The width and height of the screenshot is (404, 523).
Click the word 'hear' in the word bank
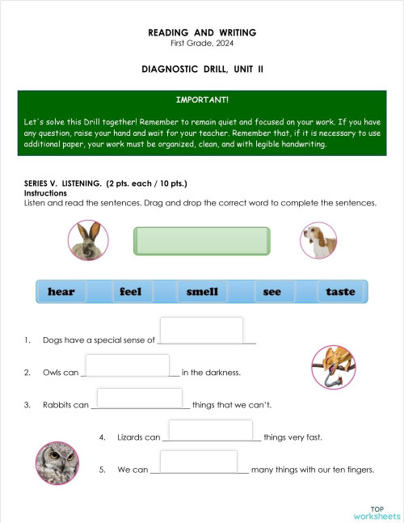point(61,292)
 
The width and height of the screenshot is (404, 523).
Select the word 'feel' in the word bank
point(130,292)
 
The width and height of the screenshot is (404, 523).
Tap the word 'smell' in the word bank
point(202,292)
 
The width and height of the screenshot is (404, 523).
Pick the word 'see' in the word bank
point(272,292)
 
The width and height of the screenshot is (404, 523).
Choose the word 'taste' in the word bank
point(340,292)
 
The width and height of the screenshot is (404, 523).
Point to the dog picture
point(318,240)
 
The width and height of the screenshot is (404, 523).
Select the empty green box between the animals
point(201,241)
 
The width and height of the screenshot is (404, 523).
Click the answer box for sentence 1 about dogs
point(202,330)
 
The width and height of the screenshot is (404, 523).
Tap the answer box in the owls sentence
point(127,365)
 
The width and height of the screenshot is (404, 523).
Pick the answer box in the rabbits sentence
point(139,398)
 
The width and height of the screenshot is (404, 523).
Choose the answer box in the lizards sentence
point(211,430)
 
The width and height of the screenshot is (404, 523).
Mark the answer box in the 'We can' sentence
point(199,462)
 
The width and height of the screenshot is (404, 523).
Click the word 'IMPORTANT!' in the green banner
point(202,100)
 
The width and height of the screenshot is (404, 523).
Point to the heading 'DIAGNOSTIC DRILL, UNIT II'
point(202,70)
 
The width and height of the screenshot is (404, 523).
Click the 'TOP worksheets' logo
point(377,512)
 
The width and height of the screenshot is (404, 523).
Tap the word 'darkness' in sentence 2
point(223,373)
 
